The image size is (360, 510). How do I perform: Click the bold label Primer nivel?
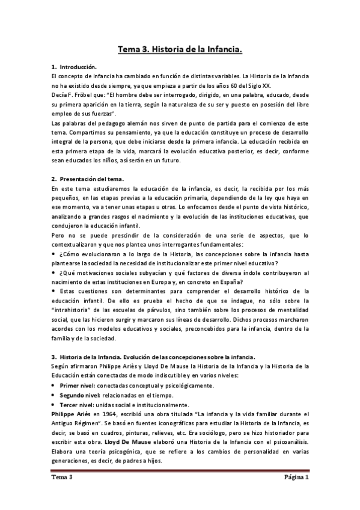click(81, 368)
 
